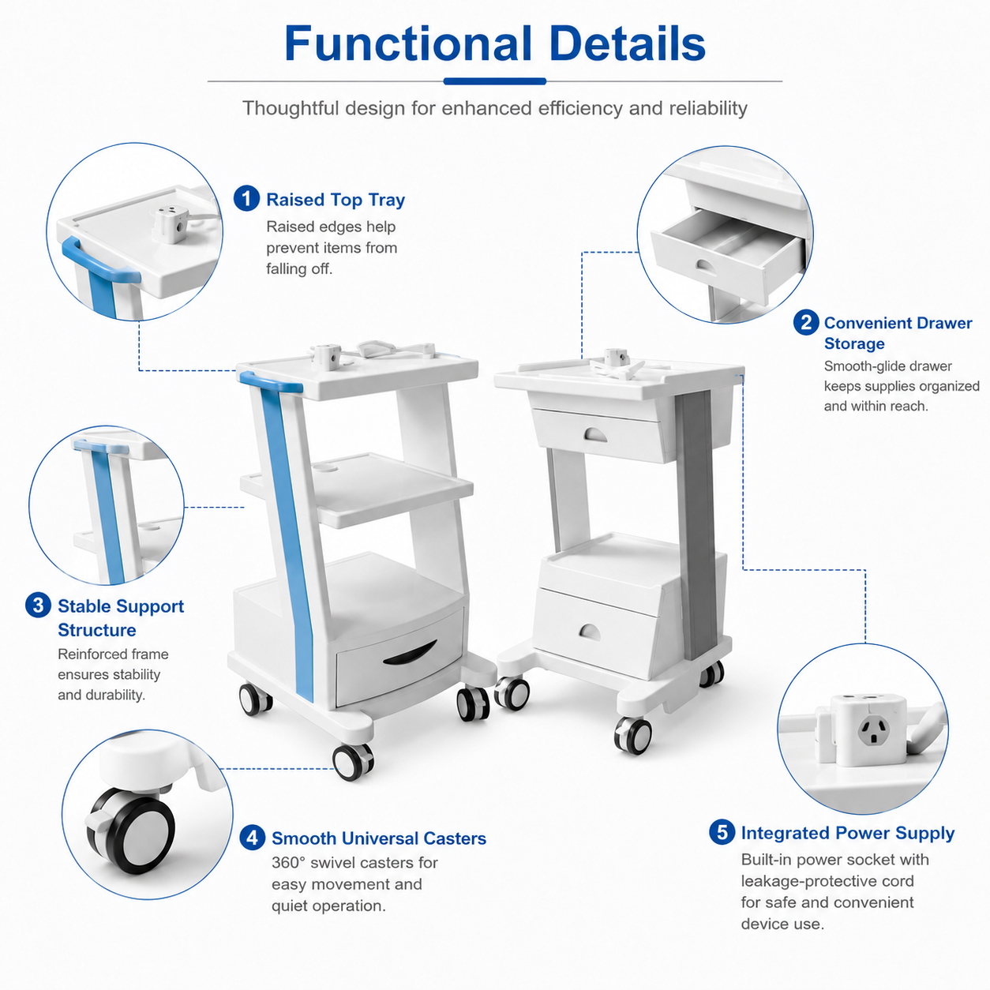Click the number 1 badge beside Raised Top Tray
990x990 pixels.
click(x=246, y=198)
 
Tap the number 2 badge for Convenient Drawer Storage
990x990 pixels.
click(x=806, y=323)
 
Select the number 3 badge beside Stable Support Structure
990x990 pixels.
click(x=38, y=606)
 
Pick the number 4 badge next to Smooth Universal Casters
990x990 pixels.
click(x=253, y=838)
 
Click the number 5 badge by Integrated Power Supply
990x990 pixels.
click(x=722, y=832)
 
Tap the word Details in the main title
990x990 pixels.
click(x=628, y=43)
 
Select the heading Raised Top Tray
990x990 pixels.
click(x=336, y=199)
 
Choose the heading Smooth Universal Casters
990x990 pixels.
click(x=379, y=838)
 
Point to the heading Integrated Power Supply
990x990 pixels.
click(x=848, y=833)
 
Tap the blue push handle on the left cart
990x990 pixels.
click(x=270, y=381)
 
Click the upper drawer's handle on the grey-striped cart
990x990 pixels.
click(x=595, y=435)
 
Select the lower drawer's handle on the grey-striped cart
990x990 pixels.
click(x=590, y=632)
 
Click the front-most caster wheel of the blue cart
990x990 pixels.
click(x=353, y=762)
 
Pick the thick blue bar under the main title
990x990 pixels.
click(x=495, y=81)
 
